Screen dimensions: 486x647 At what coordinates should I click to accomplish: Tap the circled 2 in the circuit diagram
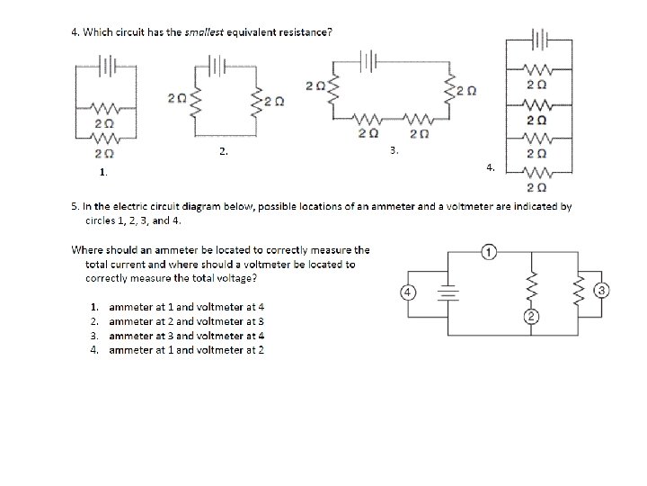[531, 316]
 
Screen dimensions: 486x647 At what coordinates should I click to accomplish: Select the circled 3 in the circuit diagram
[602, 289]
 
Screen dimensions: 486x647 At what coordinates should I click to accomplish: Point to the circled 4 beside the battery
[407, 292]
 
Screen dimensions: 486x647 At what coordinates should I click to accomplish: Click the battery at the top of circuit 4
[539, 40]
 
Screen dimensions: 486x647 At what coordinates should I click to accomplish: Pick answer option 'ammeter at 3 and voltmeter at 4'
[186, 335]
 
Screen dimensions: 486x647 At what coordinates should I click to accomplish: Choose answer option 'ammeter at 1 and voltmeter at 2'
[186, 349]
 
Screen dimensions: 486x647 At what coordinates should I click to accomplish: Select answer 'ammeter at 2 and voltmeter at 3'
[186, 320]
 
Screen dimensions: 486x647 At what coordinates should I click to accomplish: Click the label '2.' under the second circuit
[224, 152]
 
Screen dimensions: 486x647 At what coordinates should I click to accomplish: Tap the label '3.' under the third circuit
[394, 150]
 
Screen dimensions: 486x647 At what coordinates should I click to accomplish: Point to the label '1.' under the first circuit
[104, 171]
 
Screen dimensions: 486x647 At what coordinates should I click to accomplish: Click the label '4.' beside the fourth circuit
[490, 166]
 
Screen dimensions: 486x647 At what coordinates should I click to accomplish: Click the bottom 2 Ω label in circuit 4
[536, 188]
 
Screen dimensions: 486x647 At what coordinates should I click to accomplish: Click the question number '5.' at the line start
[76, 206]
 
